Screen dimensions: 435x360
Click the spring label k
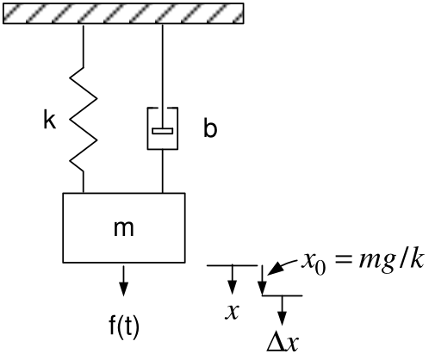(x=49, y=119)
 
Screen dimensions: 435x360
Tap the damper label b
(x=210, y=127)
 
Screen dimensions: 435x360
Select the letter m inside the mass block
(x=124, y=228)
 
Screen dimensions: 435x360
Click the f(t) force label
(x=124, y=326)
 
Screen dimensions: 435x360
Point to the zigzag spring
(x=84, y=120)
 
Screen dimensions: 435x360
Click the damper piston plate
(x=163, y=131)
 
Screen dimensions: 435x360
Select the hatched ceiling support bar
(x=123, y=13)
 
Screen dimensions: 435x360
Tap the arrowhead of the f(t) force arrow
(x=124, y=289)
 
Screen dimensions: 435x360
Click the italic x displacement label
(x=232, y=312)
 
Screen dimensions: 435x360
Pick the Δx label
(x=283, y=343)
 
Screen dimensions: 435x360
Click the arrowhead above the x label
(x=232, y=287)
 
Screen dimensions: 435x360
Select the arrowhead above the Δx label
(x=283, y=318)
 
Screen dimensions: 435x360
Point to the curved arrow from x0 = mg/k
(x=282, y=266)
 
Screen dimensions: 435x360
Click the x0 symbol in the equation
(x=314, y=263)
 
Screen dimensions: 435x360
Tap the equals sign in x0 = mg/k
(x=343, y=261)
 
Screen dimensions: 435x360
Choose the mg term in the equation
(x=376, y=262)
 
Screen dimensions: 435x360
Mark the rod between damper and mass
(x=163, y=171)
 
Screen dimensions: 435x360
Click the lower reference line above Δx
(x=282, y=295)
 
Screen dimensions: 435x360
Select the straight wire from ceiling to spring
(x=84, y=46)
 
